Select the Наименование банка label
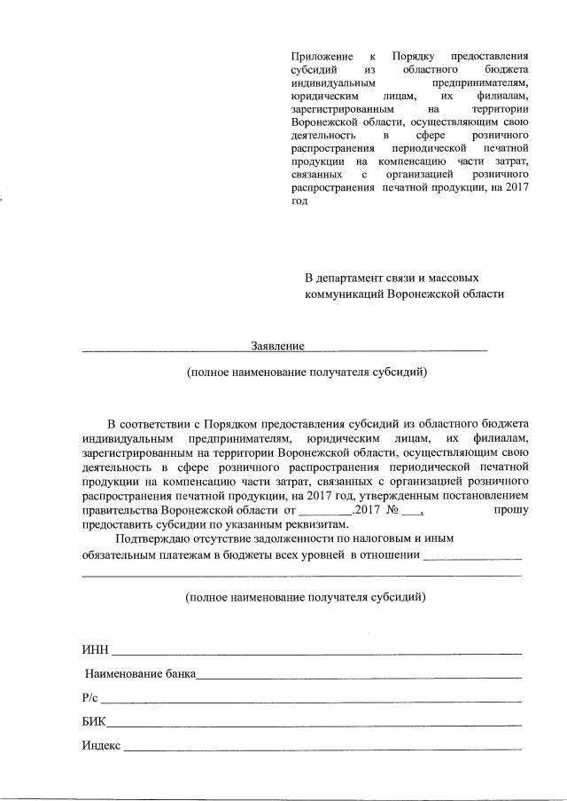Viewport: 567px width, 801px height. (x=140, y=675)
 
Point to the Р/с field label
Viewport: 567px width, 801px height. (x=90, y=699)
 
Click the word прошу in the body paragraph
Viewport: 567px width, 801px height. (x=511, y=510)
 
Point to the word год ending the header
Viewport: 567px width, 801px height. (x=299, y=200)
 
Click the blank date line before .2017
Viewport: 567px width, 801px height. (x=324, y=514)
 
